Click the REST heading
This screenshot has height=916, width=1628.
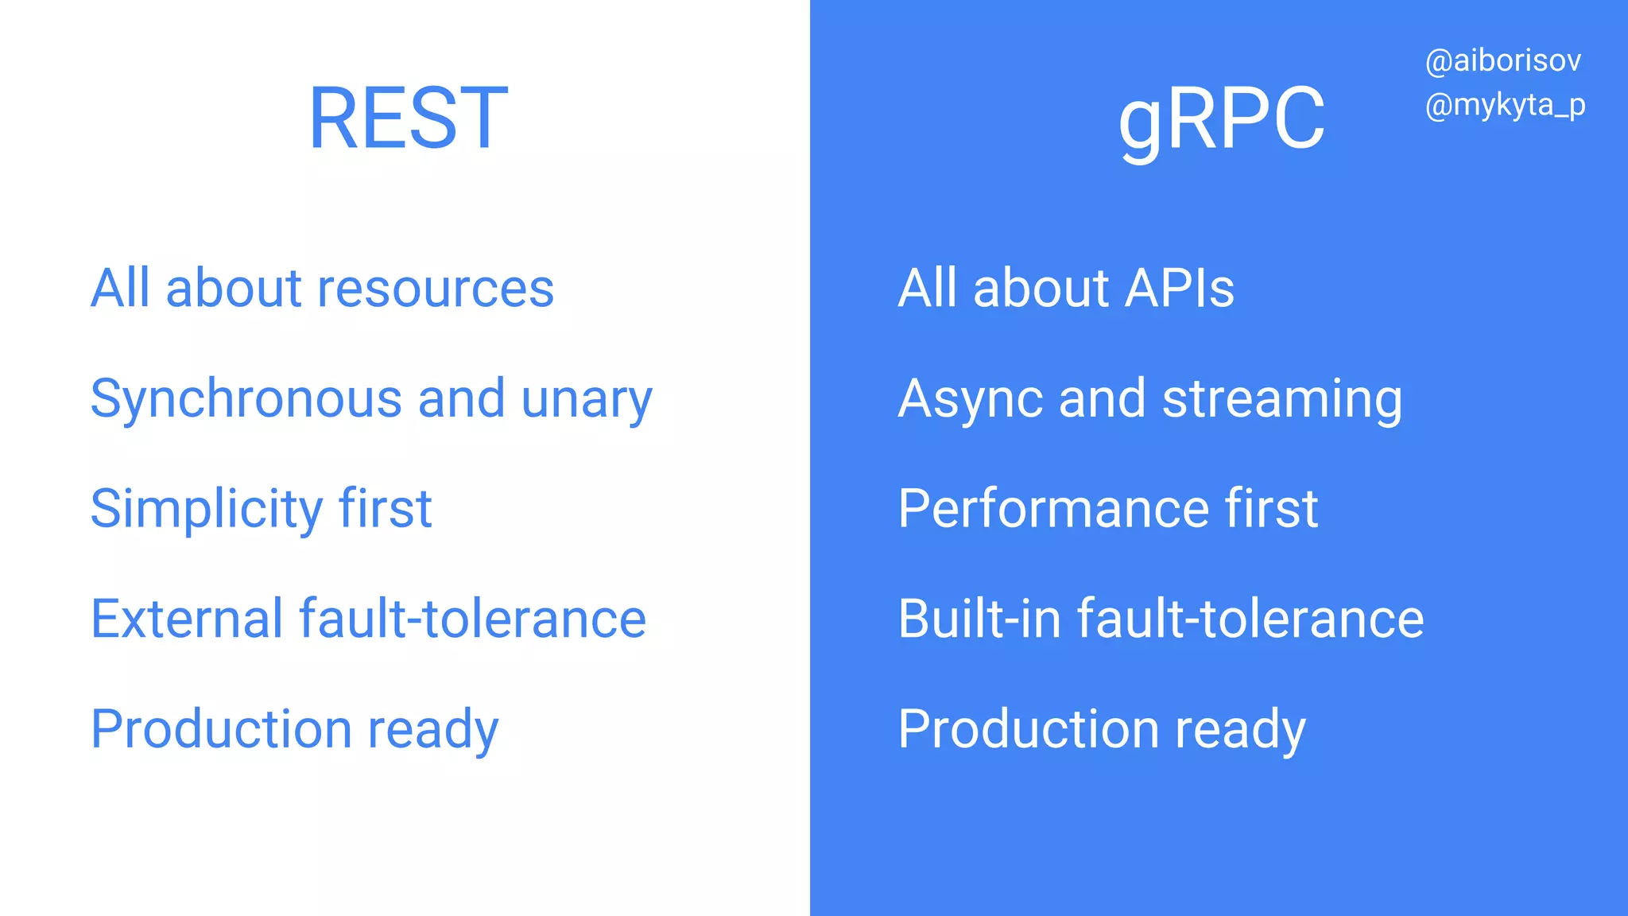pyautogui.click(x=408, y=118)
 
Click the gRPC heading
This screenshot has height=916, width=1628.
pyautogui.click(x=1222, y=118)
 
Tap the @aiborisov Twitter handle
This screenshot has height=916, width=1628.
pyautogui.click(x=1502, y=61)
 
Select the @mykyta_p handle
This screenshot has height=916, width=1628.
pyautogui.click(x=1505, y=105)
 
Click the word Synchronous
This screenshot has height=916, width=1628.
pyautogui.click(x=246, y=399)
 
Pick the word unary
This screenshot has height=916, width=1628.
pyautogui.click(x=587, y=399)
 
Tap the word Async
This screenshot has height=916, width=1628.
pyautogui.click(x=970, y=399)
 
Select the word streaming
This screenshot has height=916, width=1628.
pyautogui.click(x=1282, y=399)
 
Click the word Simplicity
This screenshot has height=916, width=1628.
pyautogui.click(x=206, y=509)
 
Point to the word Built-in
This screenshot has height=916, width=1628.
pyautogui.click(x=979, y=619)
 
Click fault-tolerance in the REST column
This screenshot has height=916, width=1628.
pyautogui.click(x=472, y=619)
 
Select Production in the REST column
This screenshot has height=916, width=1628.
pyautogui.click(x=221, y=729)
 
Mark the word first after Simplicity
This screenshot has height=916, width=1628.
pyautogui.click(x=385, y=509)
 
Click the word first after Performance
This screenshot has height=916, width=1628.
pyautogui.click(x=1271, y=509)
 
